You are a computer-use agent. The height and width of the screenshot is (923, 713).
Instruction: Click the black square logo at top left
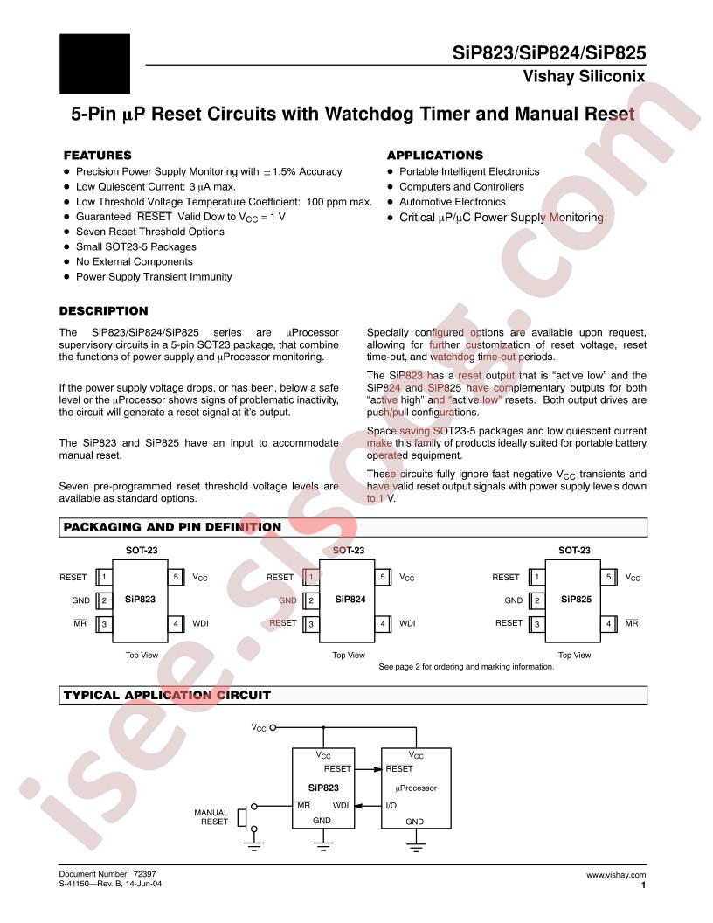[94, 63]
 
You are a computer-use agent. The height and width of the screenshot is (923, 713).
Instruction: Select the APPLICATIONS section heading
[434, 155]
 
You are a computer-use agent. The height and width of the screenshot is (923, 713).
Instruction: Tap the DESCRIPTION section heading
[103, 311]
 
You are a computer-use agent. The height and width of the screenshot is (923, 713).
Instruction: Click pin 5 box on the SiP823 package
[176, 578]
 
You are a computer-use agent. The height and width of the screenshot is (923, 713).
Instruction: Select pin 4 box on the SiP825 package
[608, 623]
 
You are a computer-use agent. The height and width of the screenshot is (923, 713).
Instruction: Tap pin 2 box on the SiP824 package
[310, 600]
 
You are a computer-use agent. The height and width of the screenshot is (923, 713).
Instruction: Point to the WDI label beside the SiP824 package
[407, 623]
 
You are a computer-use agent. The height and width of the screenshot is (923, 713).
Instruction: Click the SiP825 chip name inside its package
[576, 600]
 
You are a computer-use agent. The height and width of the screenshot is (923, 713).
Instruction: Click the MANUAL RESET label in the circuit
[211, 817]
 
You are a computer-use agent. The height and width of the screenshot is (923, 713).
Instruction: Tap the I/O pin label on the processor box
[391, 804]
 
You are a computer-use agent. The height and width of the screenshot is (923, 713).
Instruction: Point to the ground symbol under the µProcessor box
[415, 845]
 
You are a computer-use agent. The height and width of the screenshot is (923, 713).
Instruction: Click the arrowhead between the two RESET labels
[377, 769]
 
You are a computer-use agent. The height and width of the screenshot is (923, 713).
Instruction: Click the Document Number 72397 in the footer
[107, 874]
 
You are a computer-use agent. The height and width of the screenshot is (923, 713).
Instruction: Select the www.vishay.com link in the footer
[616, 874]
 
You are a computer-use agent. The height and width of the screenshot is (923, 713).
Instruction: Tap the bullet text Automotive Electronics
[452, 202]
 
